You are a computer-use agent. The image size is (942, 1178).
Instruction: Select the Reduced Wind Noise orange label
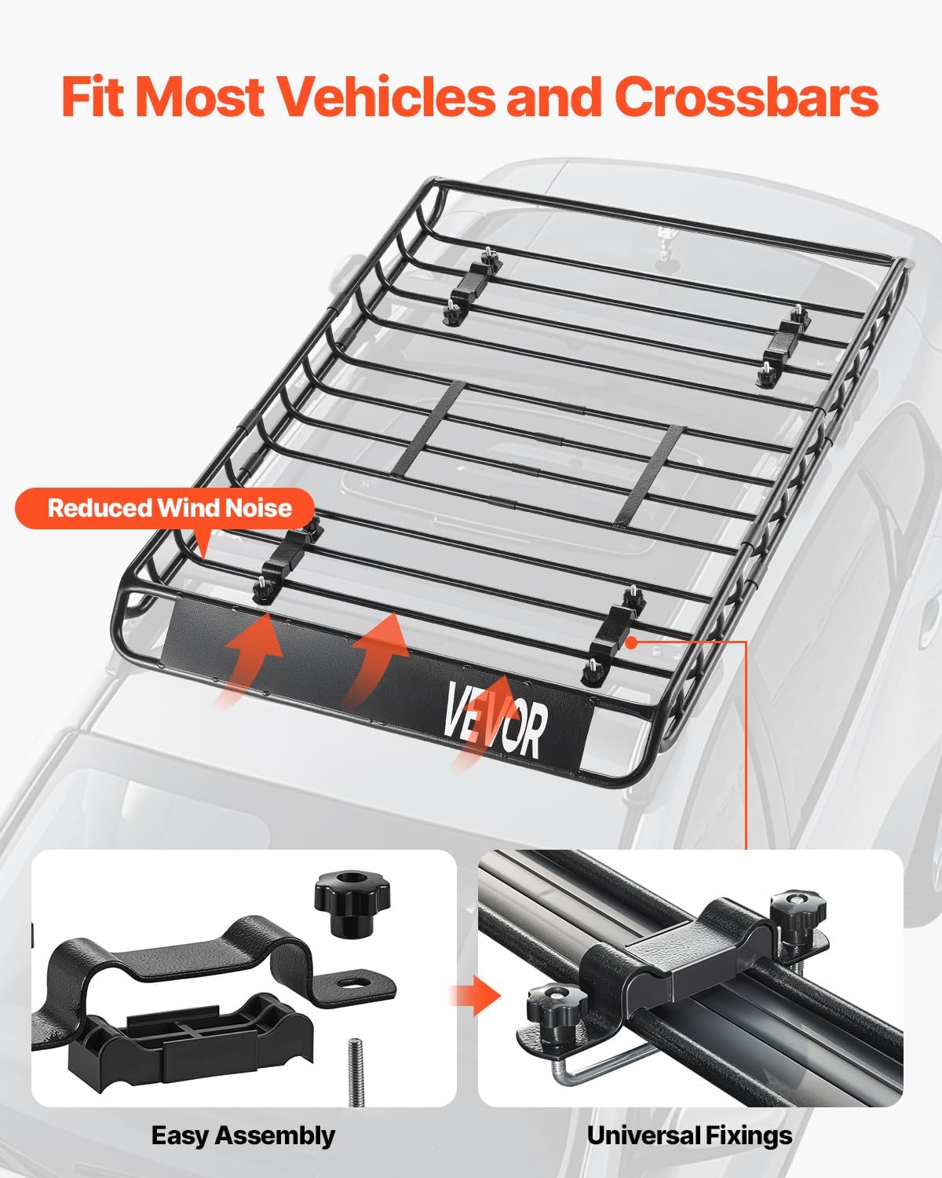pos(169,507)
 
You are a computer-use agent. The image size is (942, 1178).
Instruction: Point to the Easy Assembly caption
pos(243,1136)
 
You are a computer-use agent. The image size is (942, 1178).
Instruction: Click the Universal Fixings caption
pos(689,1136)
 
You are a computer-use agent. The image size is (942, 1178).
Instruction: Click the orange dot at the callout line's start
pos(631,642)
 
